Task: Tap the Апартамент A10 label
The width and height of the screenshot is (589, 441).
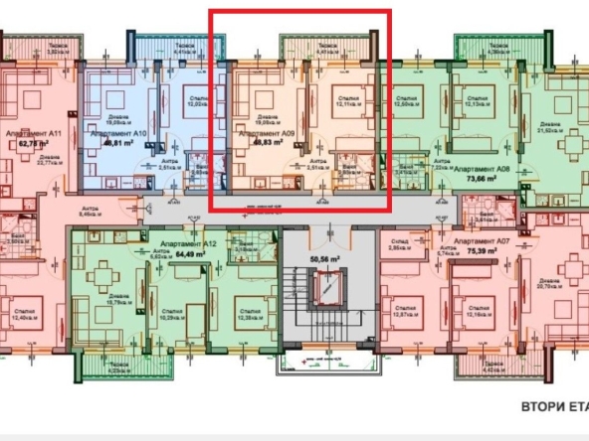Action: tap(119, 132)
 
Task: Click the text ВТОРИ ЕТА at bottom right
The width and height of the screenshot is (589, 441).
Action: tap(553, 406)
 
